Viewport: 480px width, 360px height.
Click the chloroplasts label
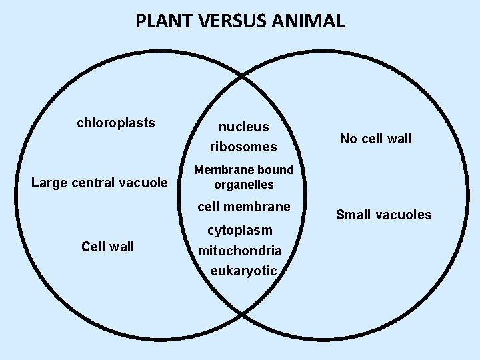coord(116,123)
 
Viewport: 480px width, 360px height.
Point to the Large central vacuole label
coord(100,182)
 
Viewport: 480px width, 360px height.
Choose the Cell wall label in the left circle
coord(107,247)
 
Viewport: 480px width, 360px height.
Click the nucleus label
coord(244,127)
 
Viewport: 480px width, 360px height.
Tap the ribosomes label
coord(243,146)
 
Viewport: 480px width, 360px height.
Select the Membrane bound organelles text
coord(243,177)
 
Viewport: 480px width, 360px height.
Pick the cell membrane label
coord(244,207)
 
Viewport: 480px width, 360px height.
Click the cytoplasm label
coord(240,231)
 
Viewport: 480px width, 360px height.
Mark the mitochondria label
coord(239,251)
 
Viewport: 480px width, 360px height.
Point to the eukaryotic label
coord(243,271)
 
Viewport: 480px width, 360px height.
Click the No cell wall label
coord(376,139)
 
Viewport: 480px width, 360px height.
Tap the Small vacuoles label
coord(384,215)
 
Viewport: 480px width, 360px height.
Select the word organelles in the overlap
coord(244,185)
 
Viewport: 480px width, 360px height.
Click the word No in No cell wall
coord(348,139)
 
